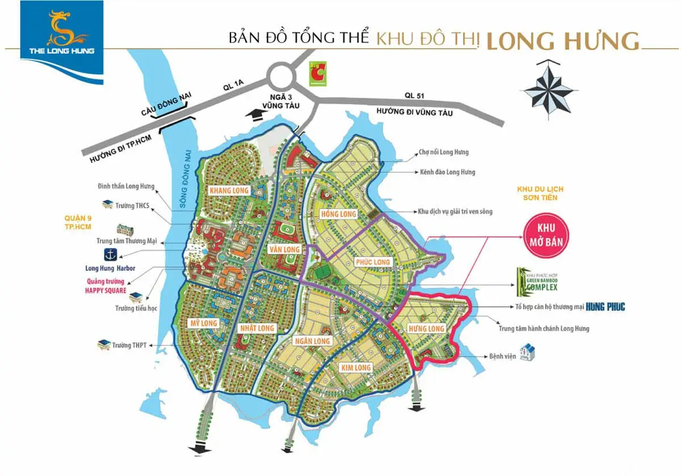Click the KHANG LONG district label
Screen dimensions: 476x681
[229, 191]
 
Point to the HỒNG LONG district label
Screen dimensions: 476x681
[339, 214]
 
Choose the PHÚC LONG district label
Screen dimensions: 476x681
[372, 262]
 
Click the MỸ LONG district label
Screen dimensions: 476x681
[203, 323]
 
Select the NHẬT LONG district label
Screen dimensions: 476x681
[257, 328]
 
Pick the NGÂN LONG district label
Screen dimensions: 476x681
[313, 341]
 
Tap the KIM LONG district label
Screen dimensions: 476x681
[356, 368]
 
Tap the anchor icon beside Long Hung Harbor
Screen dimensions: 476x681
[109, 254]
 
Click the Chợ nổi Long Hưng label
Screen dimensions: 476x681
[443, 152]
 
